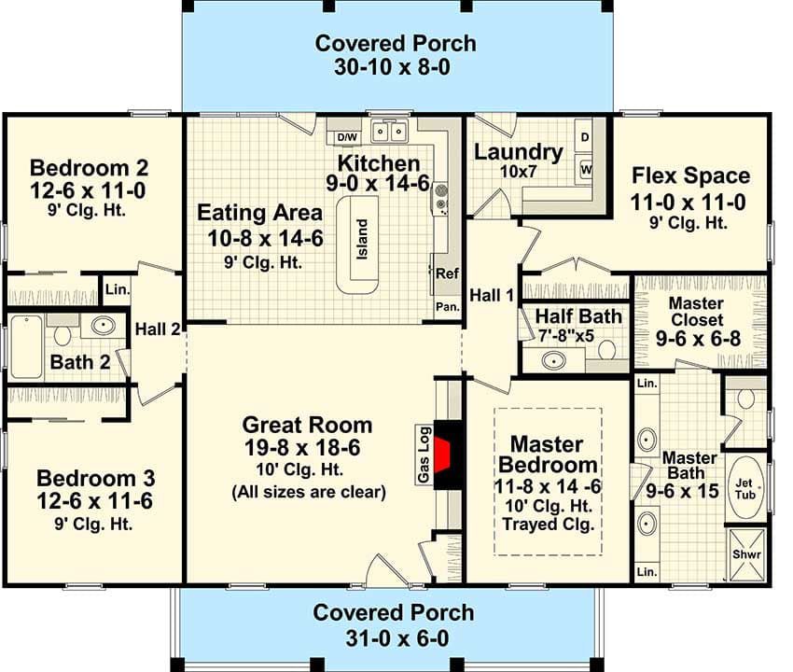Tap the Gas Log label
point(424,455)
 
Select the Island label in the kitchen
point(362,239)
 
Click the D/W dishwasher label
point(347,137)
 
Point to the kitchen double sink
point(389,132)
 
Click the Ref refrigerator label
point(447,273)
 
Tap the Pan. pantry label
point(448,307)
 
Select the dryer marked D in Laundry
point(584,136)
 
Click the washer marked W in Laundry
point(585,170)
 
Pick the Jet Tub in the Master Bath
point(745,488)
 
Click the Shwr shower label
point(746,554)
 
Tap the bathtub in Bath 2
point(26,346)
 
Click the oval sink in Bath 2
point(104,325)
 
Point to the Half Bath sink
point(554,361)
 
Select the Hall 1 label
point(492,295)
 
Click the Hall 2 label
point(158,329)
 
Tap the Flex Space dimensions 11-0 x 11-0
point(688,203)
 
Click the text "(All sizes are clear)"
point(309,492)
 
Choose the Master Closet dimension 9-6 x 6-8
point(699,339)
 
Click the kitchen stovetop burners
point(441,199)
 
